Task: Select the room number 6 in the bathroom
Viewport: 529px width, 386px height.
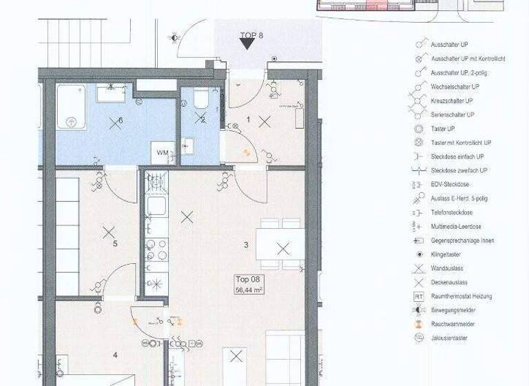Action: coord(120,120)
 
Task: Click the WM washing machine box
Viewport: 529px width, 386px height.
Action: coord(163,152)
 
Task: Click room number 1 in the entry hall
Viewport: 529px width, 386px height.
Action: coord(249,119)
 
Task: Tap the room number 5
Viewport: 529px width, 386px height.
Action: coord(115,243)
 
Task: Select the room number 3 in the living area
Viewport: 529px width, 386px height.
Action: coord(246,245)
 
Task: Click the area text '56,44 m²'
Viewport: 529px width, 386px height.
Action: coord(249,290)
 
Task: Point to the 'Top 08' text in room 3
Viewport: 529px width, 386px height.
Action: coord(248,281)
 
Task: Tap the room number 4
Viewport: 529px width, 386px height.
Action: coord(115,355)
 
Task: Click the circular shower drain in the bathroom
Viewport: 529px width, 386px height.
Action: coord(71,121)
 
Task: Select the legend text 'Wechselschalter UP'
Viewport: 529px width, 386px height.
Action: coord(455,87)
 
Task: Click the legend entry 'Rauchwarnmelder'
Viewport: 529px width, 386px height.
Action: coord(453,324)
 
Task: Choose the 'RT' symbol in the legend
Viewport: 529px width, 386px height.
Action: coord(418,296)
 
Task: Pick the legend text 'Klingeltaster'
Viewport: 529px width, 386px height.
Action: coord(447,254)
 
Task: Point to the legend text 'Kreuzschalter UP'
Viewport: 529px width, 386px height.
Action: coord(453,101)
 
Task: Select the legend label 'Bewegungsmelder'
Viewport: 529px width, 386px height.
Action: coord(453,310)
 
